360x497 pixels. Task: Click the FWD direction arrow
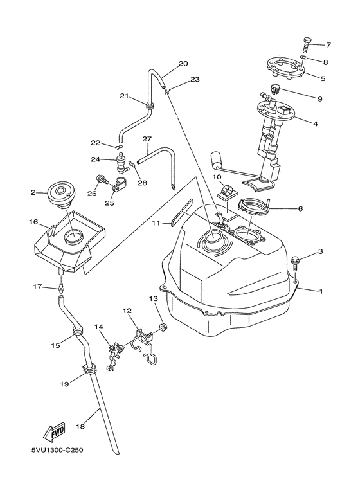[x=55, y=432]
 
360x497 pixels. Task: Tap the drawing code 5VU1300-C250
[x=57, y=450]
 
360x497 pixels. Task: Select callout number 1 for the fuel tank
[x=321, y=291]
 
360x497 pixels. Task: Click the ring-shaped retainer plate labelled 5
[x=287, y=68]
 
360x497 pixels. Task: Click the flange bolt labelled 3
[x=294, y=263]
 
